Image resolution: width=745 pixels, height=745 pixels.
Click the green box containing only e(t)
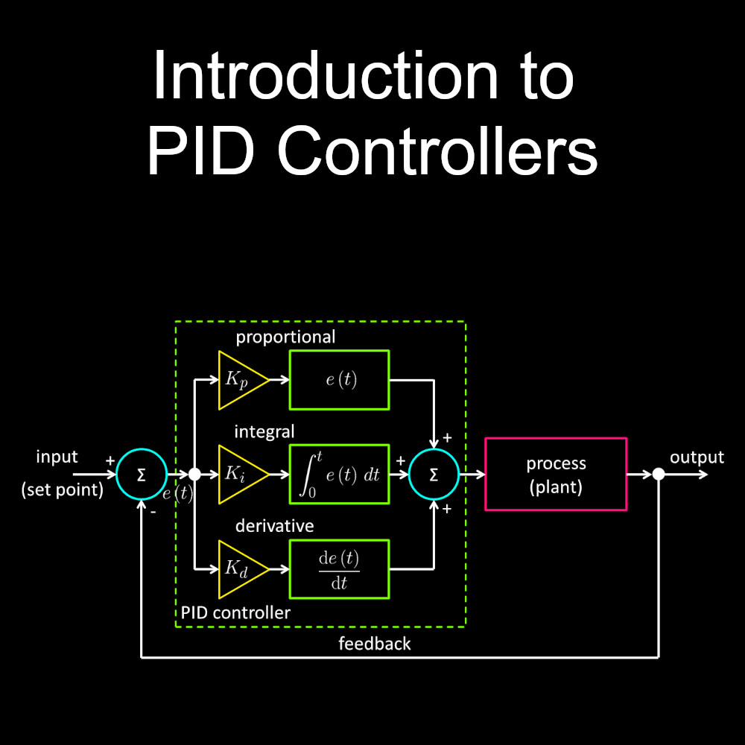339,380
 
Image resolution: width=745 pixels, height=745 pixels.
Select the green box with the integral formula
339,474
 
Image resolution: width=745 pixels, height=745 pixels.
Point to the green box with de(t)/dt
339,569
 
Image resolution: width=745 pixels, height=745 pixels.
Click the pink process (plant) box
556,474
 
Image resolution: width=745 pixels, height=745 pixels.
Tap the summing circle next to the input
141,474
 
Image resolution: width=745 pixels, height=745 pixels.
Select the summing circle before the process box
434,474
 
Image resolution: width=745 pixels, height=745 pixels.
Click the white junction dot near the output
659,474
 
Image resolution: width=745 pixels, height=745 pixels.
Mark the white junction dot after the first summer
194,474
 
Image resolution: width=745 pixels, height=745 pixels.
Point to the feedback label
374,644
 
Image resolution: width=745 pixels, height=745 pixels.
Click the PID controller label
235,613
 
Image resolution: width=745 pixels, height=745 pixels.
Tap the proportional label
285,337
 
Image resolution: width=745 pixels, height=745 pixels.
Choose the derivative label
274,526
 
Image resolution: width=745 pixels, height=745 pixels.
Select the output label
697,457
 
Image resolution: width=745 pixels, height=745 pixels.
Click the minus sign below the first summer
153,513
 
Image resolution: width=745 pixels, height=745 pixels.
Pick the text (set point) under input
63,490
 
